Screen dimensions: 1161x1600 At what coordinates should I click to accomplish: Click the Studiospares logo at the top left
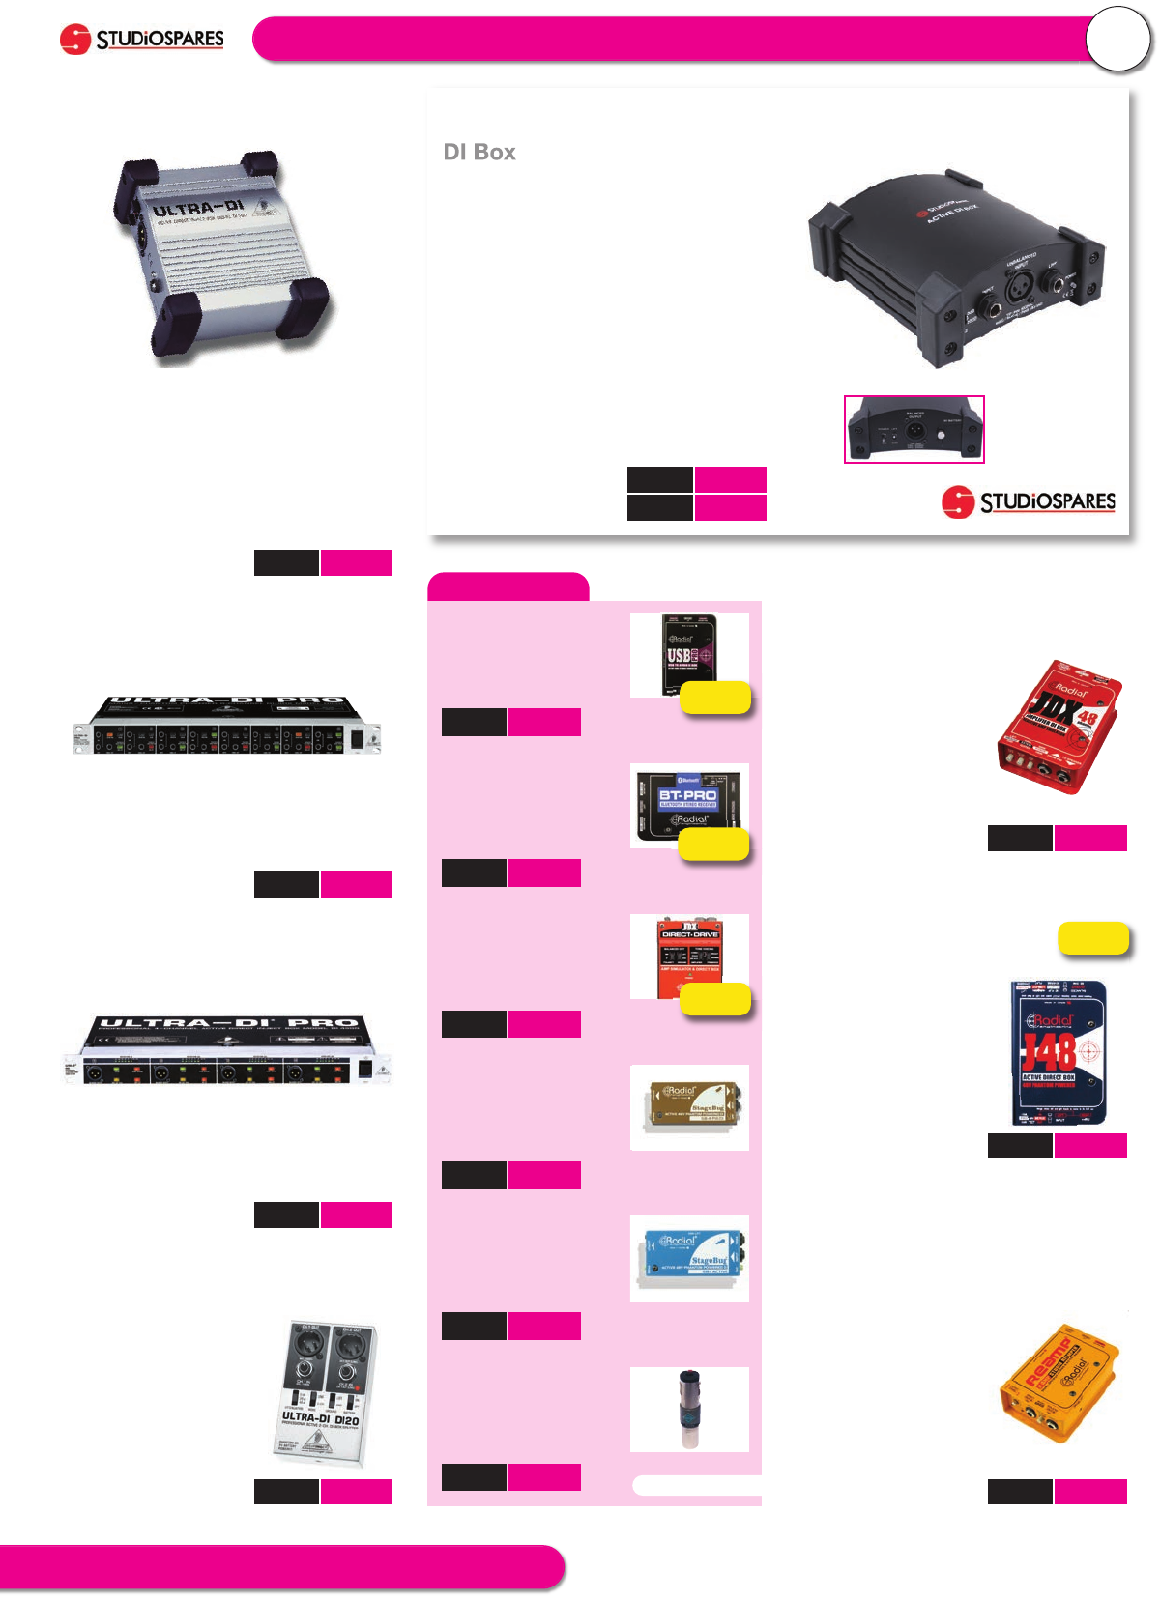coord(142,40)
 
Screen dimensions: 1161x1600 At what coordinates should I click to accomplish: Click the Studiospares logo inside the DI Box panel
coord(1028,501)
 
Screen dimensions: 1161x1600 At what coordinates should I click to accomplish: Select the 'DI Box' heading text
coord(479,153)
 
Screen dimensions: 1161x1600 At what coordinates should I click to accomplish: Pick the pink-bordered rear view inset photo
coord(914,429)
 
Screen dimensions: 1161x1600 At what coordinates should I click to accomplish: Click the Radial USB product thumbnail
coord(689,654)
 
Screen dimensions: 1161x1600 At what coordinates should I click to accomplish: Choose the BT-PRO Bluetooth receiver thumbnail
coord(689,806)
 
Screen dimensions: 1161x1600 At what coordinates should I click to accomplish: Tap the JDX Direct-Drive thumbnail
coord(689,957)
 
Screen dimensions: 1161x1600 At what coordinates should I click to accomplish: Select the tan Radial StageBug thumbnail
coord(689,1107)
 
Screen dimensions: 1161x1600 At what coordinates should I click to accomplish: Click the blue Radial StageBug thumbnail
coord(689,1258)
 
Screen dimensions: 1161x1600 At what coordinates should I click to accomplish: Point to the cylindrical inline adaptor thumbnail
coord(689,1409)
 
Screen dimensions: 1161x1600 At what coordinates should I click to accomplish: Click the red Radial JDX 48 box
coord(1059,726)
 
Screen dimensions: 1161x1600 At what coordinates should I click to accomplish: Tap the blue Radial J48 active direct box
coord(1059,1053)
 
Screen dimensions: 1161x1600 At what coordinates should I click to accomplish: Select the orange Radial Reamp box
coord(1059,1384)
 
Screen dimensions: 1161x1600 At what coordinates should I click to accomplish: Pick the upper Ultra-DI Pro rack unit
coord(227,724)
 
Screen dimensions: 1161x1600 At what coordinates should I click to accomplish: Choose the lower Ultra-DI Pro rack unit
coord(228,1049)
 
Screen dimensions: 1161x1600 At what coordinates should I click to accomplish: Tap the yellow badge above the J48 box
coord(1093,938)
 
